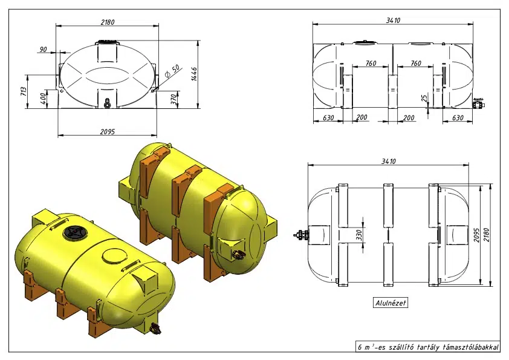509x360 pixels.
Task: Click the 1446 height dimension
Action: click(x=194, y=74)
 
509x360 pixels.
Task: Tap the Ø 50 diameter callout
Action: click(x=172, y=71)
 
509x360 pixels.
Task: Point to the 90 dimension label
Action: click(x=43, y=50)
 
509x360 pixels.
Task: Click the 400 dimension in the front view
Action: click(x=43, y=99)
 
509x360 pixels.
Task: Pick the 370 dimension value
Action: click(x=174, y=99)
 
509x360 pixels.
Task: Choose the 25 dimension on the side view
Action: click(x=424, y=98)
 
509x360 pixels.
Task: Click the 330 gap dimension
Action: click(x=358, y=235)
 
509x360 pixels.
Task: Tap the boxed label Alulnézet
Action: click(x=391, y=303)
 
